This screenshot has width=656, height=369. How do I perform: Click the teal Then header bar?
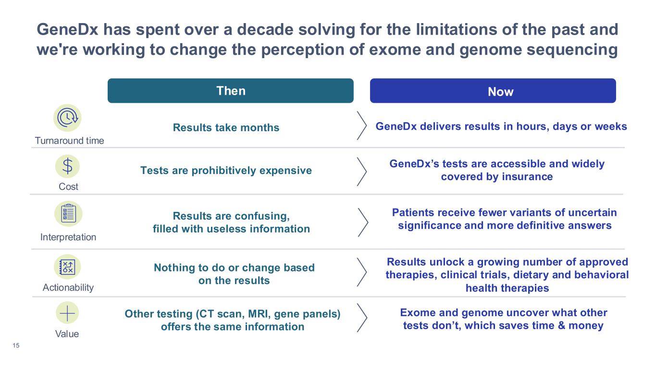tap(230, 91)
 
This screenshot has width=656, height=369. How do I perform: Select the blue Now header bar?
tap(493, 91)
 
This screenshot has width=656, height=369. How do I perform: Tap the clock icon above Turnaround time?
tap(67, 118)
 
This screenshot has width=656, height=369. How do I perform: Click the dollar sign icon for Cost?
tap(68, 166)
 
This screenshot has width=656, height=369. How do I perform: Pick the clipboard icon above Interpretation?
tap(68, 214)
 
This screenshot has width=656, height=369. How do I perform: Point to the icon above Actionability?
tap(67, 267)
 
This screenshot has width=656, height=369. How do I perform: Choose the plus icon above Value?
tap(67, 313)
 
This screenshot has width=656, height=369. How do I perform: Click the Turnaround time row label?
tap(69, 141)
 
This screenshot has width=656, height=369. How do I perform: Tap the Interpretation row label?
tap(68, 237)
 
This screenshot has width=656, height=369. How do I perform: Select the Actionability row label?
tap(68, 287)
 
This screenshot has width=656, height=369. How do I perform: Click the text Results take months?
tap(226, 128)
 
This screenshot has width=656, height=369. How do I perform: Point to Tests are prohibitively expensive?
tap(226, 171)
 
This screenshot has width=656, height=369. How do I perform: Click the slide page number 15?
tap(16, 345)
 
